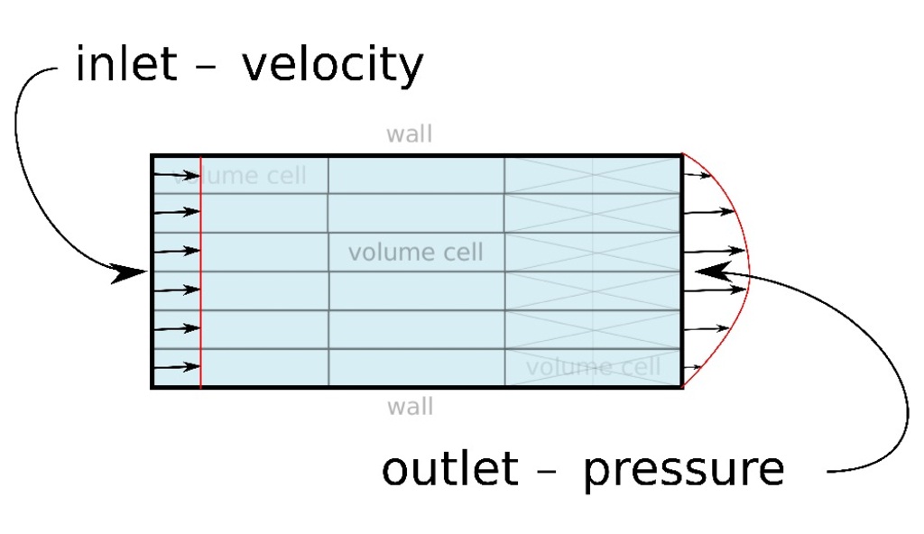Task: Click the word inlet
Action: pyautogui.click(x=125, y=65)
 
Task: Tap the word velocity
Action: pyautogui.click(x=332, y=66)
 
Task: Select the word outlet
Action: pyautogui.click(x=449, y=469)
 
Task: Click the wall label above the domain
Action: pyautogui.click(x=410, y=134)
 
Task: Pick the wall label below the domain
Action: pyautogui.click(x=411, y=407)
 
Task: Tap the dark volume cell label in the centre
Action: pyautogui.click(x=415, y=253)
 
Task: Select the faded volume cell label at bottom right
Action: pyautogui.click(x=593, y=367)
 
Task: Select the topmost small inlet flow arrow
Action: pyautogui.click(x=177, y=174)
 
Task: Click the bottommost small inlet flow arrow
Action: pyautogui.click(x=177, y=367)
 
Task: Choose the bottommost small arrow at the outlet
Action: pyautogui.click(x=693, y=367)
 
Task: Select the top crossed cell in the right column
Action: pyautogui.click(x=593, y=174)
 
